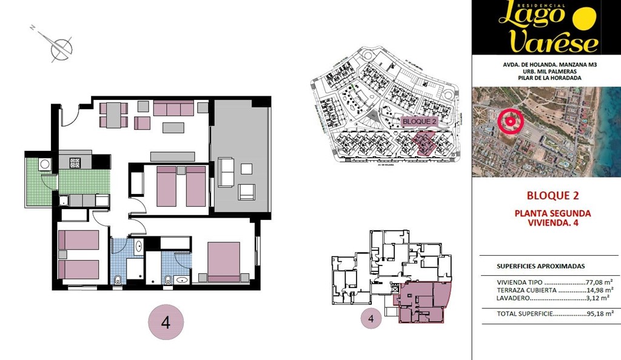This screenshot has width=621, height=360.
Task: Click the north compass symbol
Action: click(x=61, y=48)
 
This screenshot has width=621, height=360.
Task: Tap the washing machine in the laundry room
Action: click(x=44, y=164)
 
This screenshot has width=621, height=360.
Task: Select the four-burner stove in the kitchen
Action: click(x=76, y=162)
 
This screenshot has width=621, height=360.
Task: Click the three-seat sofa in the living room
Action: click(x=173, y=108)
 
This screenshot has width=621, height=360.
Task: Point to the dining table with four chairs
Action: click(x=113, y=115)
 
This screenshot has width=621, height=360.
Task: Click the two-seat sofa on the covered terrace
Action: click(x=226, y=172)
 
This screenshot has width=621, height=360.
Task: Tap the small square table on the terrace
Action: click(x=246, y=168)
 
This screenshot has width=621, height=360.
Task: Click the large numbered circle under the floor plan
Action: click(x=166, y=322)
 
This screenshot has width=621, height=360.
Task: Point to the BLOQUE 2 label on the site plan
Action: click(x=419, y=121)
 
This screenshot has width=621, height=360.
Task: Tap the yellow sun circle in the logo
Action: click(x=585, y=19)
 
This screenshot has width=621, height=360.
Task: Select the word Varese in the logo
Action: click(x=554, y=41)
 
